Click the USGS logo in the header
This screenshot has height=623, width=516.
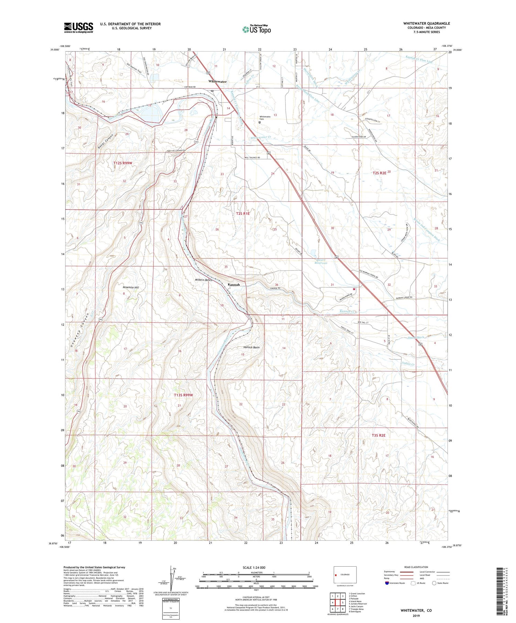[x=78, y=27]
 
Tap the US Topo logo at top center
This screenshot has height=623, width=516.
[x=257, y=29]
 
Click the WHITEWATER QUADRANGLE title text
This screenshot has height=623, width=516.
[x=427, y=23]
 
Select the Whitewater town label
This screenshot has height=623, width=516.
[x=217, y=82]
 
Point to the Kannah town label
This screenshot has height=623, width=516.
[x=234, y=285]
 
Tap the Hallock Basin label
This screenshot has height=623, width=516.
[x=251, y=347]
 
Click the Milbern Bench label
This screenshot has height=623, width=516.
[x=203, y=280]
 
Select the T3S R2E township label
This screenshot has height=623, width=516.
[x=378, y=435]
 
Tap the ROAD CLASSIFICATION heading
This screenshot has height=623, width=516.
[x=416, y=567]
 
